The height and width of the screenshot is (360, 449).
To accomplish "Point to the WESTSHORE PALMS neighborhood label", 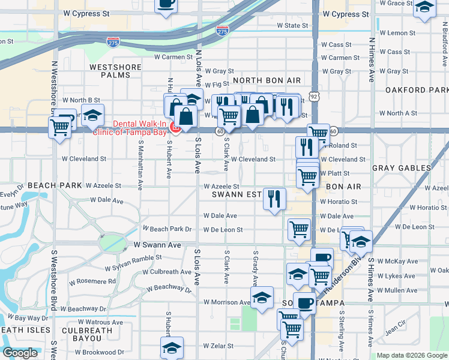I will pyautogui.click(x=115, y=71).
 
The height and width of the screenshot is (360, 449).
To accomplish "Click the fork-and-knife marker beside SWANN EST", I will pyautogui.click(x=275, y=198).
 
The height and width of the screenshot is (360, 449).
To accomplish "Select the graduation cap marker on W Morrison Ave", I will pyautogui.click(x=262, y=297).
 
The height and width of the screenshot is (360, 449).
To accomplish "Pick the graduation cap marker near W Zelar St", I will pyautogui.click(x=172, y=347).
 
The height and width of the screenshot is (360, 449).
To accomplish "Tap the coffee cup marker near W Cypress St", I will pyautogui.click(x=166, y=4).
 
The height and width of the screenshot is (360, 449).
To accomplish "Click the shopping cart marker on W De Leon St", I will pyautogui.click(x=298, y=228).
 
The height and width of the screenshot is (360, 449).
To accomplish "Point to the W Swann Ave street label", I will pyautogui.click(x=157, y=245).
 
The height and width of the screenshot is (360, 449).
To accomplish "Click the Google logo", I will pyautogui.click(x=20, y=353).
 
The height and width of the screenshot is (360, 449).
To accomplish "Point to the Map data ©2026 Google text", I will pyautogui.click(x=412, y=355).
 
